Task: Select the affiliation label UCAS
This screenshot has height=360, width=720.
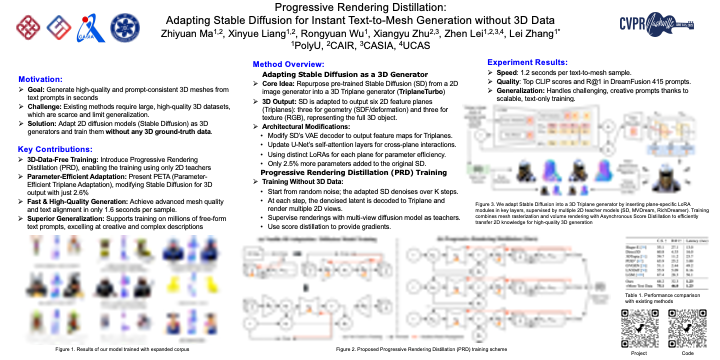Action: [418, 47]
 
